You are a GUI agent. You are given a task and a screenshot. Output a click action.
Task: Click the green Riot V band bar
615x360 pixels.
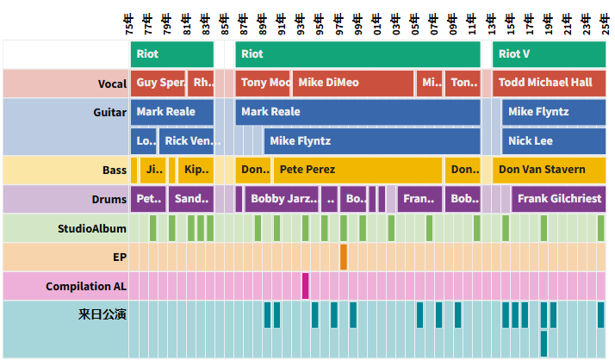(x=549, y=53)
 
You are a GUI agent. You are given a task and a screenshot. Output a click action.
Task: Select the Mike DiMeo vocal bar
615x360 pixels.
(x=352, y=83)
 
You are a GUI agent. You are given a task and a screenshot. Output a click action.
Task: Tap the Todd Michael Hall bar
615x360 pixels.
(x=549, y=83)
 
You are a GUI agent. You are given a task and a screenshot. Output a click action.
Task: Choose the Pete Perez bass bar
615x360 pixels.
(x=357, y=170)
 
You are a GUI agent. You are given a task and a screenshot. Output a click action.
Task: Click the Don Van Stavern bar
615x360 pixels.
(x=549, y=170)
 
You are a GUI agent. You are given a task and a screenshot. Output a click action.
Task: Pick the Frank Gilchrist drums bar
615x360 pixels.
(x=558, y=199)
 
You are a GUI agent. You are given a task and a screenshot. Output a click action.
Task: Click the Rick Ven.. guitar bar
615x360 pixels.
(x=186, y=140)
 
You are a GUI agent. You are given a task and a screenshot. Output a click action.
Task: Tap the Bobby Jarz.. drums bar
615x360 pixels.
(x=281, y=199)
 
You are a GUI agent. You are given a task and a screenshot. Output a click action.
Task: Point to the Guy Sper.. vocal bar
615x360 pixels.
(x=158, y=83)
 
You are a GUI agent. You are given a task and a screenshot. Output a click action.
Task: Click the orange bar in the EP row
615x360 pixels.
(x=344, y=257)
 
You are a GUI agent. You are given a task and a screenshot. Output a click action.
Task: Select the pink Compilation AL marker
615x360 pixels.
(x=305, y=286)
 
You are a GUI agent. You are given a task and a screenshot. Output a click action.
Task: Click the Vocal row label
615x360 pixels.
(x=112, y=84)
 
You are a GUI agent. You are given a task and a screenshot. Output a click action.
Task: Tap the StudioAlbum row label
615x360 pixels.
(x=92, y=228)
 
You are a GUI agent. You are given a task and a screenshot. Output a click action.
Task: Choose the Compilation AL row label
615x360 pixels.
(x=86, y=286)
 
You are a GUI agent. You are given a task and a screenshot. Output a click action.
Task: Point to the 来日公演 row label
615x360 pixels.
(x=102, y=314)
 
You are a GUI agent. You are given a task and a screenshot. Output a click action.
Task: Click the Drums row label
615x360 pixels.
(x=109, y=199)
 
